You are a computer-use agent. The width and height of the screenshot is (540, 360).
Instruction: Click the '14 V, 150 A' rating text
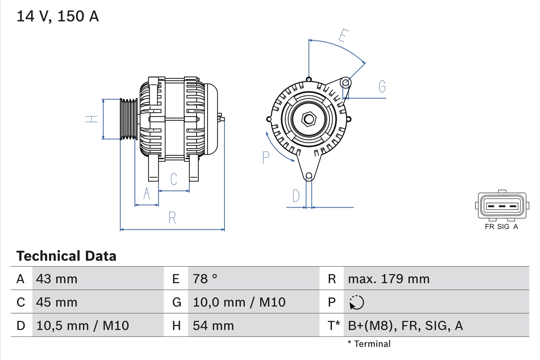pyautogui.click(x=57, y=16)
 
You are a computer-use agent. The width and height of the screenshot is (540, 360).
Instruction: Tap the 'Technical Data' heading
pyautogui.click(x=66, y=256)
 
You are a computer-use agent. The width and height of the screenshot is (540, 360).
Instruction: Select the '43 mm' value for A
pyautogui.click(x=57, y=279)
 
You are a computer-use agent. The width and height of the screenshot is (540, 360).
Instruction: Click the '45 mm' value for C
pyautogui.click(x=57, y=302)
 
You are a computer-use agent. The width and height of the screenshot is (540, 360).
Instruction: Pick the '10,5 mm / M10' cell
pyautogui.click(x=83, y=325)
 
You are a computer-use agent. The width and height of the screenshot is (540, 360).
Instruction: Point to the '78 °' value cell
pyautogui.click(x=205, y=279)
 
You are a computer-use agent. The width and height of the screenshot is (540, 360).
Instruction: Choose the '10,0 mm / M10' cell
pyautogui.click(x=239, y=302)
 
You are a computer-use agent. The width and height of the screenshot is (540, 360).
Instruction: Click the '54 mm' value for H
pyautogui.click(x=213, y=325)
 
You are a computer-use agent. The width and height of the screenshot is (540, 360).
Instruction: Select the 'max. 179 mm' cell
pyautogui.click(x=389, y=279)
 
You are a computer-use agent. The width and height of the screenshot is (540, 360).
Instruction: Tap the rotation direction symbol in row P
pyautogui.click(x=356, y=303)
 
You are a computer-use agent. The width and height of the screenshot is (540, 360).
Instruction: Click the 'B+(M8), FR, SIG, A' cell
pyautogui.click(x=405, y=325)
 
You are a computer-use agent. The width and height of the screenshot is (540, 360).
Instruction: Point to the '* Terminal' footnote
pyautogui.click(x=369, y=344)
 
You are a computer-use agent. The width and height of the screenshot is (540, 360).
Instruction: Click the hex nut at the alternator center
pyautogui.click(x=309, y=119)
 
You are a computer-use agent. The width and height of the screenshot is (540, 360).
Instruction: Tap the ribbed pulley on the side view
pyautogui.click(x=129, y=119)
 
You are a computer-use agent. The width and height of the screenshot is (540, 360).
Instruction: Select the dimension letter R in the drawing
pyautogui.click(x=172, y=218)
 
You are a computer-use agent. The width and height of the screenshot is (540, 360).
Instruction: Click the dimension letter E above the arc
pyautogui.click(x=343, y=36)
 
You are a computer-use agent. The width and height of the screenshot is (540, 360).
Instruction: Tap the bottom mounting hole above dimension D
pyautogui.click(x=309, y=176)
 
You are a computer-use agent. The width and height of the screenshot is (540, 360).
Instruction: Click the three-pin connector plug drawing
pyautogui.click(x=502, y=206)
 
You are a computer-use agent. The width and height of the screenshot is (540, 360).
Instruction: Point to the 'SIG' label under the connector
pyautogui.click(x=503, y=227)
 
